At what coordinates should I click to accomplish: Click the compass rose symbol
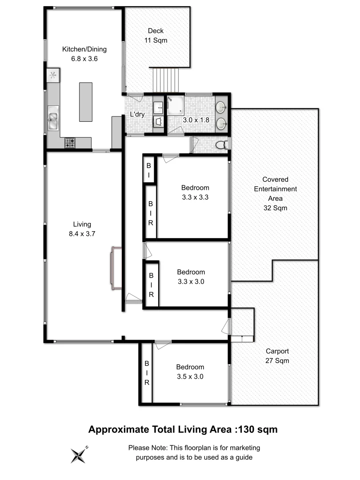click(x=79, y=455)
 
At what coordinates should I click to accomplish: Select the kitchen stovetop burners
click(x=70, y=143)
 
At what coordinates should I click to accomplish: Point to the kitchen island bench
click(x=86, y=102)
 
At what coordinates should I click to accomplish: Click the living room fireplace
click(x=115, y=268)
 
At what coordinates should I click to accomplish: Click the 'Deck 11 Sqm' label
click(x=156, y=36)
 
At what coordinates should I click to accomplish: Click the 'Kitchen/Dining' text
click(x=84, y=49)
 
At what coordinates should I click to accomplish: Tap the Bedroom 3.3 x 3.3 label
click(x=195, y=192)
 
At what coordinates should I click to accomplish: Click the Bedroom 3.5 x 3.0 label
click(x=190, y=372)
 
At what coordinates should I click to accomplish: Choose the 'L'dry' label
click(x=137, y=114)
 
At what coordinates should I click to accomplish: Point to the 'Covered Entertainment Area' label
click(x=275, y=193)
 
